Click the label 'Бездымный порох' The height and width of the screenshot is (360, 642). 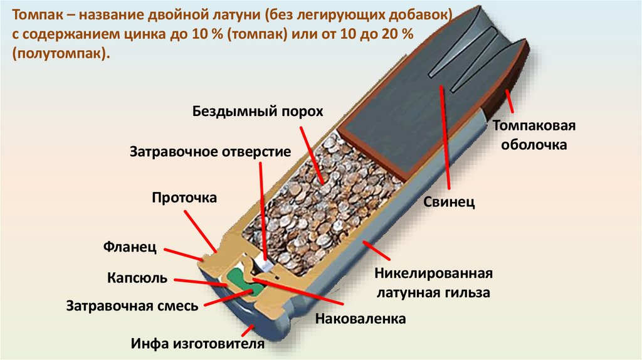click(x=257, y=112)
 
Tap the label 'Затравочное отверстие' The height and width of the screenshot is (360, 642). click(x=210, y=152)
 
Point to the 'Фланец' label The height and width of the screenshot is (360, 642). click(x=130, y=246)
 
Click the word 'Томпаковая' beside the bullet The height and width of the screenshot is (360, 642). click(x=534, y=125)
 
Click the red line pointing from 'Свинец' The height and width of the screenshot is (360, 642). click(x=446, y=138)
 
